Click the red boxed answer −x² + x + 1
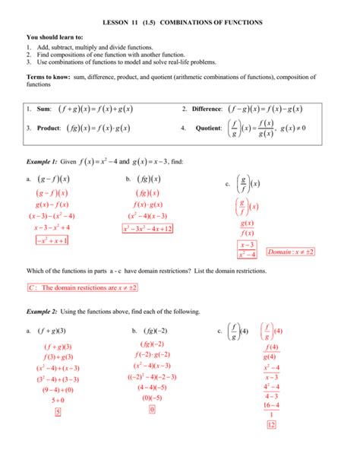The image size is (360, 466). tap(52, 241)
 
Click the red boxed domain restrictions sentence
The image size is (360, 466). tap(73, 288)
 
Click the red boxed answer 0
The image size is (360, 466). tap(152, 410)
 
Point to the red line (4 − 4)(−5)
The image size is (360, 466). tap(152, 387)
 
